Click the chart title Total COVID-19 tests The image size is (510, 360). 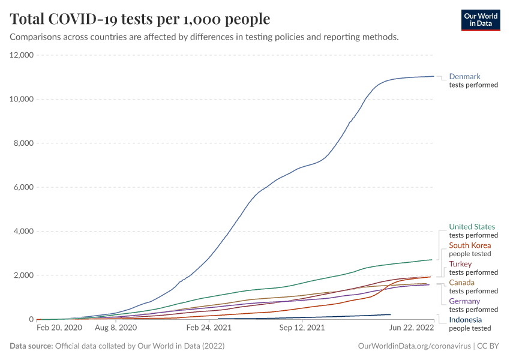click(x=140, y=19)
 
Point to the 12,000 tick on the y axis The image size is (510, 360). click(x=21, y=55)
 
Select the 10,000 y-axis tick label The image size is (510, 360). click(x=21, y=99)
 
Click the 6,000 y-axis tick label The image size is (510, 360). click(x=23, y=187)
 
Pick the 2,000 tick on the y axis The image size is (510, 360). click(x=23, y=275)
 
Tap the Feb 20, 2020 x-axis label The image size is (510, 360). click(x=59, y=328)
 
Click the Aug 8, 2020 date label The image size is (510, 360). click(x=116, y=328)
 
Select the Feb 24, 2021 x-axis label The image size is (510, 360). click(x=209, y=328)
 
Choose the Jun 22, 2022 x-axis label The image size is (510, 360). click(x=412, y=328)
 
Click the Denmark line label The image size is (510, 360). click(x=464, y=76)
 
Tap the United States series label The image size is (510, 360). click(x=472, y=227)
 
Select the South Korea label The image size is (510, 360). click(x=470, y=245)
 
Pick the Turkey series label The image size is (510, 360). click(x=460, y=264)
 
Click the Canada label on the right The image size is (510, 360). click(x=461, y=283)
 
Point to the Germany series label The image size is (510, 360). click(x=464, y=301)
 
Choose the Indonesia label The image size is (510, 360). click(x=465, y=320)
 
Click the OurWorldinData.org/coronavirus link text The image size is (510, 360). click(x=414, y=346)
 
